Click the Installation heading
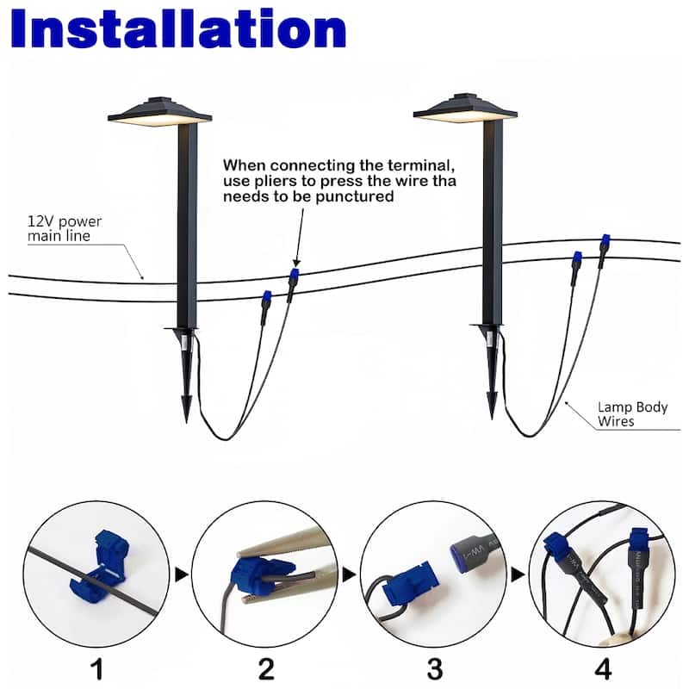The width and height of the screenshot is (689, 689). coord(178,29)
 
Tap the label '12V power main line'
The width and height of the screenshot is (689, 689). coord(65,228)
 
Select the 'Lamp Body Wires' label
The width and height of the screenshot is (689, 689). coord(632,414)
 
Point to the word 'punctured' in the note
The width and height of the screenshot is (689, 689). coord(354,196)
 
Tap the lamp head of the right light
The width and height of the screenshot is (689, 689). coord(465,109)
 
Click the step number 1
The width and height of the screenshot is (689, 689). coord(97,669)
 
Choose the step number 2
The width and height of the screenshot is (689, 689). coord(266,669)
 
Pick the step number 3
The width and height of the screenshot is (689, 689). coord(435,669)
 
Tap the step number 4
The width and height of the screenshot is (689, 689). coord(603,669)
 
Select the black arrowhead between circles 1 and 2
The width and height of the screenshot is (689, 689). coord(182,574)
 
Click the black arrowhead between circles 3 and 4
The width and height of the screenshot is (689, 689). coord(518,574)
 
